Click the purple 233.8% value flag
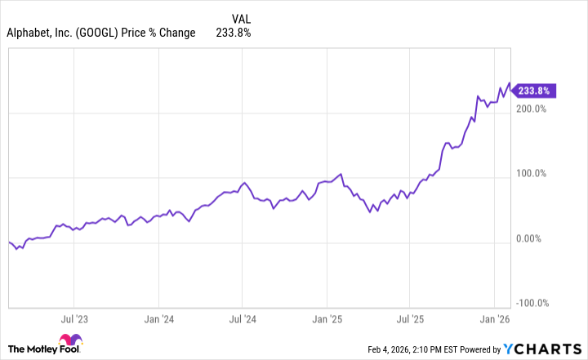point(536,91)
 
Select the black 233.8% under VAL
point(233,33)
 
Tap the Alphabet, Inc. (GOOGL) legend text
point(101,33)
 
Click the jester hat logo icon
point(71,343)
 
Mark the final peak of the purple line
point(510,83)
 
